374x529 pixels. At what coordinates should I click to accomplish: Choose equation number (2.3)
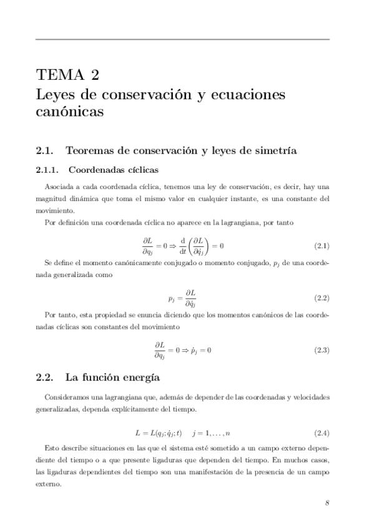321,350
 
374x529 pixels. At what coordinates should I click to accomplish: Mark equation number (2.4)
321,433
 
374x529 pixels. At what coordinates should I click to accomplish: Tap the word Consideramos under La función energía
67,397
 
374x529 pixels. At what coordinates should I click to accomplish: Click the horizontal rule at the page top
182,39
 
